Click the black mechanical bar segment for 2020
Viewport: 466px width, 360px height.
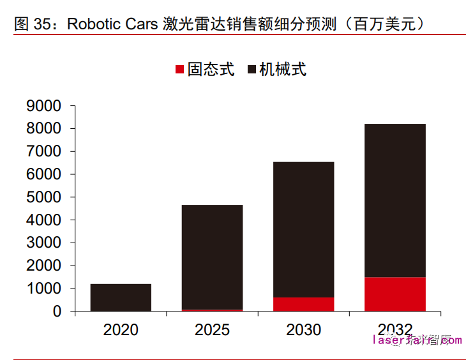pos(121,297)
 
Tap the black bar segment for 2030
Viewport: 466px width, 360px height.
pos(303,230)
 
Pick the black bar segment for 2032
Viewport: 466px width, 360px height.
pos(395,200)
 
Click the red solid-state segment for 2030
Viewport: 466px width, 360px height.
pos(303,304)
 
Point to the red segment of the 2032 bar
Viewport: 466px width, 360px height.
pos(395,294)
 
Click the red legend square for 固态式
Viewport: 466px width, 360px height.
pos(179,69)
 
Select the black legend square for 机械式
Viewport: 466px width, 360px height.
pos(251,69)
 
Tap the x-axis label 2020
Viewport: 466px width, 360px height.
pos(121,330)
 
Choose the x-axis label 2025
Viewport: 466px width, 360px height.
pos(212,330)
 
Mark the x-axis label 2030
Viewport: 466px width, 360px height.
pos(303,330)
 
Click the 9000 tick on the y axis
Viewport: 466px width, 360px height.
pos(44,106)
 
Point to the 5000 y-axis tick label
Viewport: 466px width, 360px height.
pos(44,197)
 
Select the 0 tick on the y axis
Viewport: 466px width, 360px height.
pos(57,311)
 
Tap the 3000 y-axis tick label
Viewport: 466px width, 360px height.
pos(44,243)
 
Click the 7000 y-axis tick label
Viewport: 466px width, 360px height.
pos(44,152)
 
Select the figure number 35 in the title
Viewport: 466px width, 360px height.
pos(41,24)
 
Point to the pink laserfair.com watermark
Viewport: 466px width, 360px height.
pos(416,340)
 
